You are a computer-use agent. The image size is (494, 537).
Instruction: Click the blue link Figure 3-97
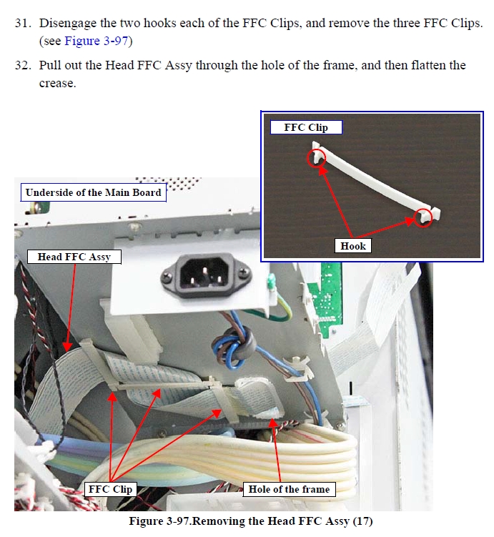click(97, 41)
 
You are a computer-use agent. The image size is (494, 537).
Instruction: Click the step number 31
click(23, 24)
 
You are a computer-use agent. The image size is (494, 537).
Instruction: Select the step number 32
click(23, 65)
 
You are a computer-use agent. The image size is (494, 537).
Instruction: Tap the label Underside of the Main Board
click(93, 192)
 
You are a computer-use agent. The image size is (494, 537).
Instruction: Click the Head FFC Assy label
click(74, 257)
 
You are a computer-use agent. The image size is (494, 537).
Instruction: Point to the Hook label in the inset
click(353, 246)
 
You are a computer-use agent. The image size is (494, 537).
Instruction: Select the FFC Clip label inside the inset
click(306, 127)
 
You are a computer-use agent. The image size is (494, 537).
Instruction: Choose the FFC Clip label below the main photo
click(110, 489)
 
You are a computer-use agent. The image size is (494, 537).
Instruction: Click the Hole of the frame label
click(289, 489)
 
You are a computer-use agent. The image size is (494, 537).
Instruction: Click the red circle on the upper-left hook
click(316, 157)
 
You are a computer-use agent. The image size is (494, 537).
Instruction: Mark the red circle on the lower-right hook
click(423, 217)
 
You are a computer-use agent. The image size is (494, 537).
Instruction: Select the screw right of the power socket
click(244, 272)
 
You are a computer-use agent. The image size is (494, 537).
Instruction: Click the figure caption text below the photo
click(251, 521)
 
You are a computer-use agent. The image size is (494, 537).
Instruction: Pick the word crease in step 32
click(57, 83)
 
